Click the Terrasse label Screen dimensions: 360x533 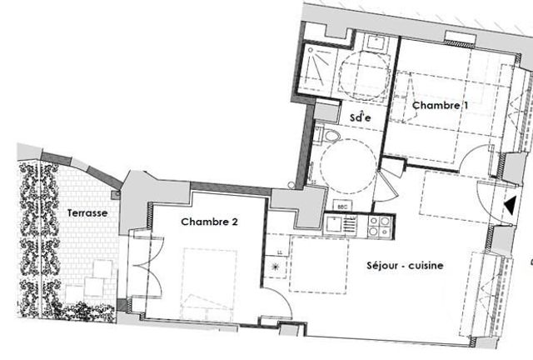pos(87,213)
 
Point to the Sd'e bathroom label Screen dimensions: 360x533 pos(360,117)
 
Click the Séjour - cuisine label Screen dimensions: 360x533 pos(404,266)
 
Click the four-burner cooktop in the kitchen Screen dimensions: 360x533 pos(378,226)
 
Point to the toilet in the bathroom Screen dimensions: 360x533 pos(331,136)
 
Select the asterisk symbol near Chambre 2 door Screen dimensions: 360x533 pos(276,267)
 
